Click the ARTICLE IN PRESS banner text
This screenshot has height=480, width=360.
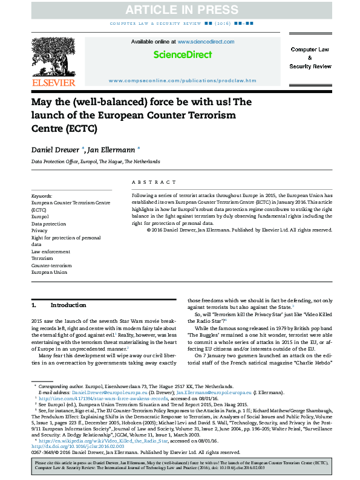coord(180,9)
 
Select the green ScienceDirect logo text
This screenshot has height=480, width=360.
coord(183,55)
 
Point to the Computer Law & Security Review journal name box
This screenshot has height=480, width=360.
coord(310,57)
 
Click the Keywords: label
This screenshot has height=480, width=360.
coord(42,196)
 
